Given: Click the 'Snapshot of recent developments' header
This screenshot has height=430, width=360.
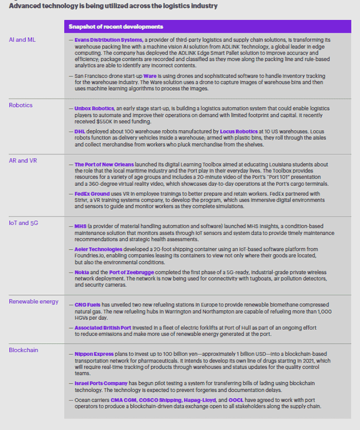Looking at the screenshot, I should (116, 27).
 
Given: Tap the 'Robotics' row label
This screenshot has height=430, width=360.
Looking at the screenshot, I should (21, 105).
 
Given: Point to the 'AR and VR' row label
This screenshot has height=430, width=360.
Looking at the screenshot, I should (22, 160).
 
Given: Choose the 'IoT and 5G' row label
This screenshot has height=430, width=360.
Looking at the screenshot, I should (23, 222).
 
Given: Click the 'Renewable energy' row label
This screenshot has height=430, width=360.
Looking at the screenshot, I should (34, 301).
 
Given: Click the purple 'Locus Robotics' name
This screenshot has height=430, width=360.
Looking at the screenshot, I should (239, 131).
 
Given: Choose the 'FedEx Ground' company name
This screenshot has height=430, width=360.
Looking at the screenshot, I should (92, 194).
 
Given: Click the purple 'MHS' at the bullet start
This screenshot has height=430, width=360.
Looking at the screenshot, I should (80, 226).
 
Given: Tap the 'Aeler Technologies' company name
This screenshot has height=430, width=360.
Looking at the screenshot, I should (99, 250).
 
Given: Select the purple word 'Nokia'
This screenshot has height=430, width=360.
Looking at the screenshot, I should (82, 273).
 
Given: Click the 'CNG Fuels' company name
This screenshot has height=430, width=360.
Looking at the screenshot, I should (88, 305).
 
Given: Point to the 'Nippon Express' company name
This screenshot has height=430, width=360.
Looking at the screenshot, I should (94, 354).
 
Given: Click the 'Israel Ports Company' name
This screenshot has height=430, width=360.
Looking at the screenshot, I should (101, 382).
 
